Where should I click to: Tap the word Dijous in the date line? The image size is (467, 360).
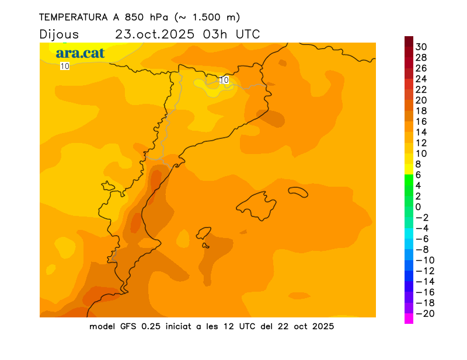click(x=59, y=34)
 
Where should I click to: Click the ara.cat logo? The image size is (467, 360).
click(x=81, y=53)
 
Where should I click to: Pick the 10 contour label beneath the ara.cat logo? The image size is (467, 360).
click(x=65, y=66)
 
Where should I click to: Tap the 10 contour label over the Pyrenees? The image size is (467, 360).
click(x=224, y=79)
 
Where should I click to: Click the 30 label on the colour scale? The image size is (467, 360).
click(x=421, y=47)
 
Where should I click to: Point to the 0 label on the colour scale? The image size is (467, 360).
click(x=418, y=207)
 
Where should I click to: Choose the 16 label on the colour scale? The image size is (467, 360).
click(x=421, y=121)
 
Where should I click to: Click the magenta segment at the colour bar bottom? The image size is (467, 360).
click(x=409, y=319)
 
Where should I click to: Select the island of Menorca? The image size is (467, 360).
click(x=298, y=191)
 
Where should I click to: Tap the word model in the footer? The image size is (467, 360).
click(x=103, y=326)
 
